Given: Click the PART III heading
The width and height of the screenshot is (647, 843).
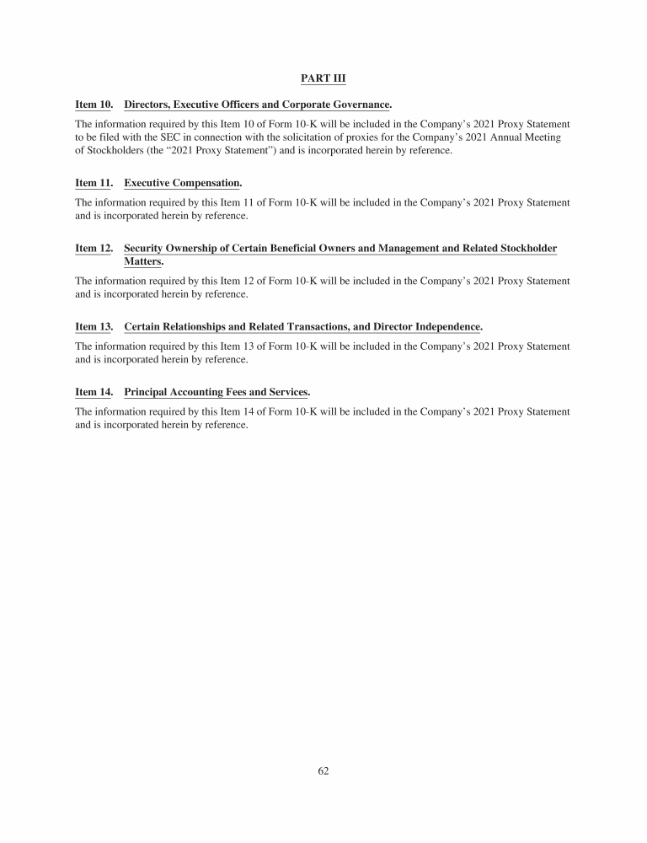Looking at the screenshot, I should point(323,78).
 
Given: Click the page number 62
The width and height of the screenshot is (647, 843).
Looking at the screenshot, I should point(323,770).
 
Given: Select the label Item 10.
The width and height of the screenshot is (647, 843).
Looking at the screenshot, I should point(94,105).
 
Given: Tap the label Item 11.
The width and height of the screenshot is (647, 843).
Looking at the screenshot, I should point(94,183).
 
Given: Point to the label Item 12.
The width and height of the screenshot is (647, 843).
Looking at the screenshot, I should point(94,249).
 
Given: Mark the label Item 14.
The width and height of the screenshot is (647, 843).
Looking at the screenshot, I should point(94,392).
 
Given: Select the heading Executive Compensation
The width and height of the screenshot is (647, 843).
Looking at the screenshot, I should point(182,183).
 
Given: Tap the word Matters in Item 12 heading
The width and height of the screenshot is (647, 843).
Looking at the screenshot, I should point(142,261).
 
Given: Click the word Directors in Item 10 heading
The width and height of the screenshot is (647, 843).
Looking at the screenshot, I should point(146,105).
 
